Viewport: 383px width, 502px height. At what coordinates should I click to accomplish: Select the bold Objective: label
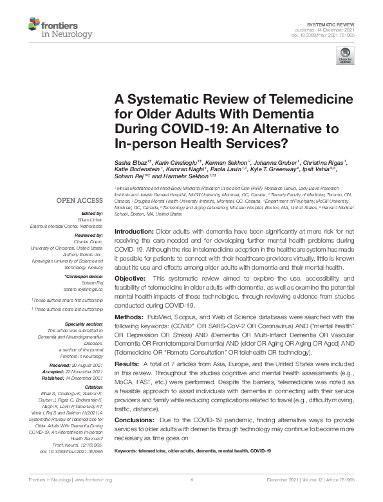129,277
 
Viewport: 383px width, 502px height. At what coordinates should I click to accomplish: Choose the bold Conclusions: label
134,420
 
